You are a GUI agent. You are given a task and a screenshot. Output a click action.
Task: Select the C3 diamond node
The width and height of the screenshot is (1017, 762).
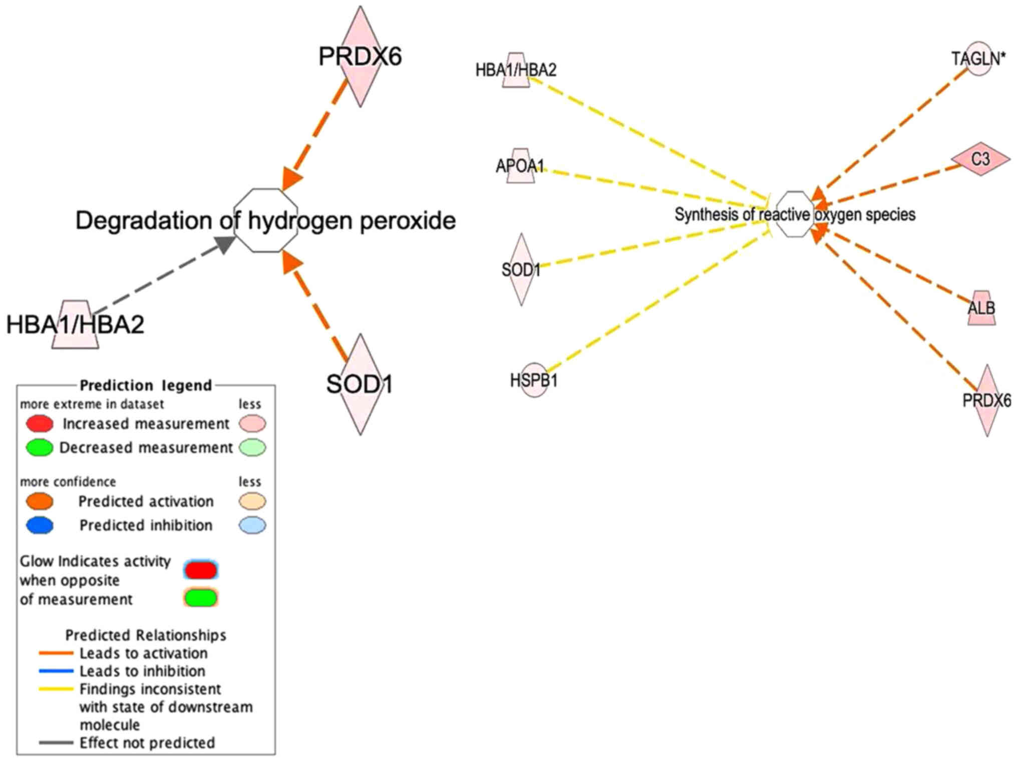click(980, 159)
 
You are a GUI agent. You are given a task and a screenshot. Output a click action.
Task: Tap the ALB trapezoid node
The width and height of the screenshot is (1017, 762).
click(981, 308)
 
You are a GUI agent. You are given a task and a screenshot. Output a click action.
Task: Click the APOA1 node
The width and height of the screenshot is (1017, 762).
click(520, 165)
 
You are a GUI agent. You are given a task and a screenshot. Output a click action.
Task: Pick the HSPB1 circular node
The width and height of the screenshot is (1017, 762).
click(534, 380)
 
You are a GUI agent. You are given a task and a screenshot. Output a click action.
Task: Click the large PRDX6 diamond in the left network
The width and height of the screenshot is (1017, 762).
click(360, 56)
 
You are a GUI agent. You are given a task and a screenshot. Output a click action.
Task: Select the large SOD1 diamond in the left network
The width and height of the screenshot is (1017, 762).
click(360, 384)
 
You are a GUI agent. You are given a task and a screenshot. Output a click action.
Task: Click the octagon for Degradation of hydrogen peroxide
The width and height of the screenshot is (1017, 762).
click(266, 220)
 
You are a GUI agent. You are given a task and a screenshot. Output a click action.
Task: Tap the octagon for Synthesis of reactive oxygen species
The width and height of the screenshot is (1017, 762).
click(795, 214)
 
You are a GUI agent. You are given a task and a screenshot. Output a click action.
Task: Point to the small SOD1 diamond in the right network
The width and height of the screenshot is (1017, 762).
click(521, 270)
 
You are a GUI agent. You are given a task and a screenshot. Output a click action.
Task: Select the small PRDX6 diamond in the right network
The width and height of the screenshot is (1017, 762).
click(986, 400)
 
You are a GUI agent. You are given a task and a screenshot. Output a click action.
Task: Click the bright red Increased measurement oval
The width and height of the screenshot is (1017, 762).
click(40, 424)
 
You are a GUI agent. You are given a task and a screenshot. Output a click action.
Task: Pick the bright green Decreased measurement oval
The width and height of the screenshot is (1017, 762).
click(40, 447)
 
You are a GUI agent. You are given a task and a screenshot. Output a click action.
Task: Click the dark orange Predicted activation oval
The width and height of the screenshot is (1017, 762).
click(40, 501)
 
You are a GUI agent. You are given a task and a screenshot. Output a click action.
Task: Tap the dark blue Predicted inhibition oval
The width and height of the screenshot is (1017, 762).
click(40, 525)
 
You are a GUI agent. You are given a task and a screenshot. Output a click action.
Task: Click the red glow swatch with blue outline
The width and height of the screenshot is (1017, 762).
click(200, 570)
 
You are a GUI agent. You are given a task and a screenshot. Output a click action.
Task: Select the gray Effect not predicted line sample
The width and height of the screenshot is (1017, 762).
click(56, 742)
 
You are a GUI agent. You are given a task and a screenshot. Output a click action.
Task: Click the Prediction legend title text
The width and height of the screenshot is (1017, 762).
click(146, 385)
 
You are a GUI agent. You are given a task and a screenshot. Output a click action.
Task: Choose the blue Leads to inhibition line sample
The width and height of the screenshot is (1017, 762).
click(56, 671)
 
